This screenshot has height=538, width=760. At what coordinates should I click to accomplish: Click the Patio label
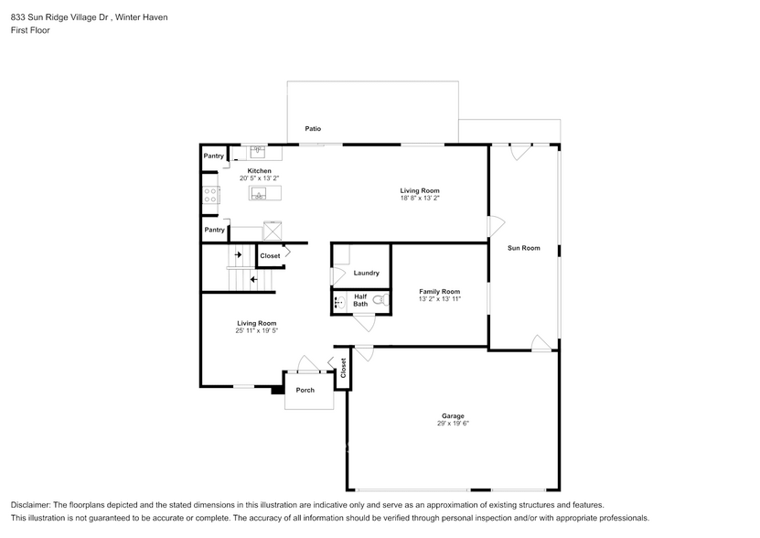pos(313,129)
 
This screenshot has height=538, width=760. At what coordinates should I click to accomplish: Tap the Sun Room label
pos(524,248)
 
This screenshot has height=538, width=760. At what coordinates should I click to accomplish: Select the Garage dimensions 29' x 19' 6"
pos(454,424)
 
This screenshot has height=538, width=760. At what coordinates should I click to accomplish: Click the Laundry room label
pos(366,273)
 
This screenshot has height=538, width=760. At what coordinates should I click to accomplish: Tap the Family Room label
pos(439,291)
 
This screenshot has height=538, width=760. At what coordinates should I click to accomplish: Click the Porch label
pos(305,390)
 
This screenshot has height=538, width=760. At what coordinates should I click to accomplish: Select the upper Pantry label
pos(214,156)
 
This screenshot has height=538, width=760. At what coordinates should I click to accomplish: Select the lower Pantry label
pos(214,230)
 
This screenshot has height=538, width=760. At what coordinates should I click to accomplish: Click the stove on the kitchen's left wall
pos(210,194)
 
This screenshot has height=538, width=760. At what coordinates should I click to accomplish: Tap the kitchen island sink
pos(260,194)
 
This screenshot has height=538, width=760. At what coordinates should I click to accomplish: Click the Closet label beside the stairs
pos(270,256)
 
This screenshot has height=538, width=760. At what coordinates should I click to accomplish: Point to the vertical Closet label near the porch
pos(343,368)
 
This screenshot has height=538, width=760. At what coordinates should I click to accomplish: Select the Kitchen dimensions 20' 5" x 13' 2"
pos(259,179)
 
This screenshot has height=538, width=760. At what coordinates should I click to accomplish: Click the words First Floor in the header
pos(31,30)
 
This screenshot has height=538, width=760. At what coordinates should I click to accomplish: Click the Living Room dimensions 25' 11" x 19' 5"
pos(256,330)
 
